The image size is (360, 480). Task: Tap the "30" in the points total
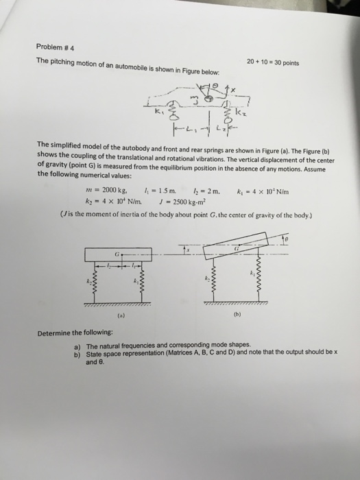point(273,59)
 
